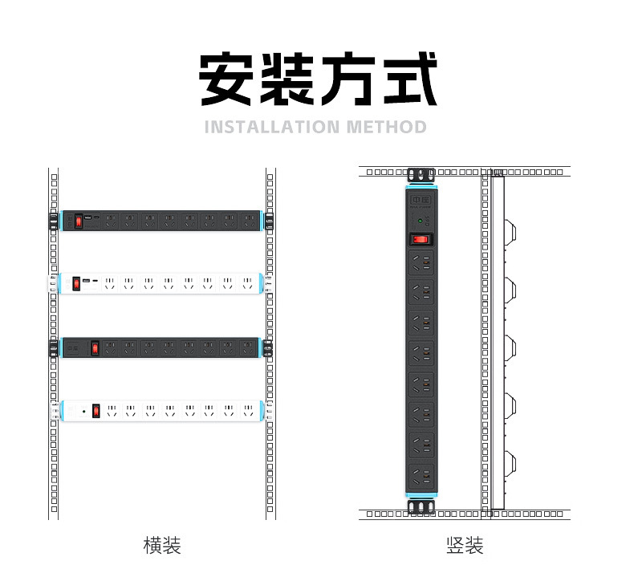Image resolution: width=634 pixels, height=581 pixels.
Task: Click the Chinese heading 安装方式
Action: pos(318,79)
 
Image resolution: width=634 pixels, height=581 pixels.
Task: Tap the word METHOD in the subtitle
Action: pos(387,127)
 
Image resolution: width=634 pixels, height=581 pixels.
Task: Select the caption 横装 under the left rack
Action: pos(161,546)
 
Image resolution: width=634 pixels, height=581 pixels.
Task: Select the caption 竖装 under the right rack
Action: pos(465,546)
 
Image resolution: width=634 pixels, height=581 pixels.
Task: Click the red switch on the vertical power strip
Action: pos(421,238)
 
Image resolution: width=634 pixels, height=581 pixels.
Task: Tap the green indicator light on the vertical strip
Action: pos(420,219)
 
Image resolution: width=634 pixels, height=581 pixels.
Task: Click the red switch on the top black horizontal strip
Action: pos(79,220)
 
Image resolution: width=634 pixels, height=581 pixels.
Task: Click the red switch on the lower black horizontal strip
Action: pos(94,348)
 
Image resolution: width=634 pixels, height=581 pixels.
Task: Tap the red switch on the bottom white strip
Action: pos(96,411)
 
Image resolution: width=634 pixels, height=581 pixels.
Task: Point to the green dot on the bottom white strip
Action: pos(83,411)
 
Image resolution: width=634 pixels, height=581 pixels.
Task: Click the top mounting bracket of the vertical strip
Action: pos(421,175)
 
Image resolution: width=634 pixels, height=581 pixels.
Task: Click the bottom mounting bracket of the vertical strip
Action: pos(421,508)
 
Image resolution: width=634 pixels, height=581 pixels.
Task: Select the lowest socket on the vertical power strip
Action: pos(421,477)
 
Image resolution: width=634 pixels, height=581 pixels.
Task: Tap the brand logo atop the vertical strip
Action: pos(421,198)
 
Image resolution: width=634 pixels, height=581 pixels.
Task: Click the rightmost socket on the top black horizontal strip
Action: pos(247,219)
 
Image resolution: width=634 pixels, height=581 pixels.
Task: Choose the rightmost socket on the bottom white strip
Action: pos(249,411)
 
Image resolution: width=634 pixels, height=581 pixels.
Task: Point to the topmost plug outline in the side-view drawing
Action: pos(509,231)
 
